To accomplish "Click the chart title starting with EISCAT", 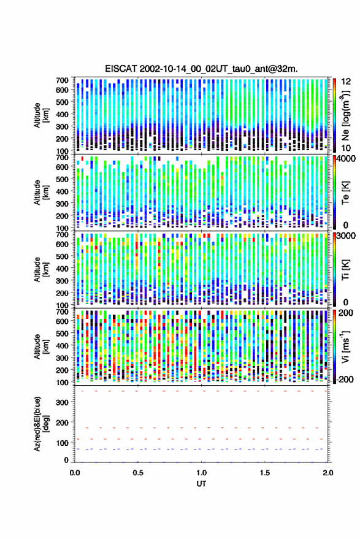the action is (x=202, y=69).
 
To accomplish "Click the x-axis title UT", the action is (x=201, y=484).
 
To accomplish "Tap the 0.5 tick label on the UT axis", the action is (x=138, y=473).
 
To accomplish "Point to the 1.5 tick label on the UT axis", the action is (x=265, y=473).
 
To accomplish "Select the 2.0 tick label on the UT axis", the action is (x=328, y=473).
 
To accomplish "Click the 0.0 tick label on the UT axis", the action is (x=75, y=473).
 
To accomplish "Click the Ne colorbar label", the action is (x=345, y=115).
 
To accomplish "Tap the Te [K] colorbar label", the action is (x=345, y=193).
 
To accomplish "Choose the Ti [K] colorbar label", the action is (x=345, y=270).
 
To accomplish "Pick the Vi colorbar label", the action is (x=345, y=346).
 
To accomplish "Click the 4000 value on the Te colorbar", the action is (x=345, y=159).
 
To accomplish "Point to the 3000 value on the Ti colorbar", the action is (x=345, y=236).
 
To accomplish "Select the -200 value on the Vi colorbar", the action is (x=344, y=380).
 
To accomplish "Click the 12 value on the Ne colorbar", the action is (x=345, y=82).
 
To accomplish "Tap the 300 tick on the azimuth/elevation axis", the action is (x=62, y=402).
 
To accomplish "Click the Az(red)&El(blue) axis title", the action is (x=41, y=424).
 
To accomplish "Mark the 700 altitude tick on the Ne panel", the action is (x=62, y=80).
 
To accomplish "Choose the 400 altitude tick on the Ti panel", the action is (x=62, y=268).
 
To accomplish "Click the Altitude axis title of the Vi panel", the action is (x=40, y=346).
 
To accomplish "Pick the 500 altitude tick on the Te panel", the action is (x=62, y=179).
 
